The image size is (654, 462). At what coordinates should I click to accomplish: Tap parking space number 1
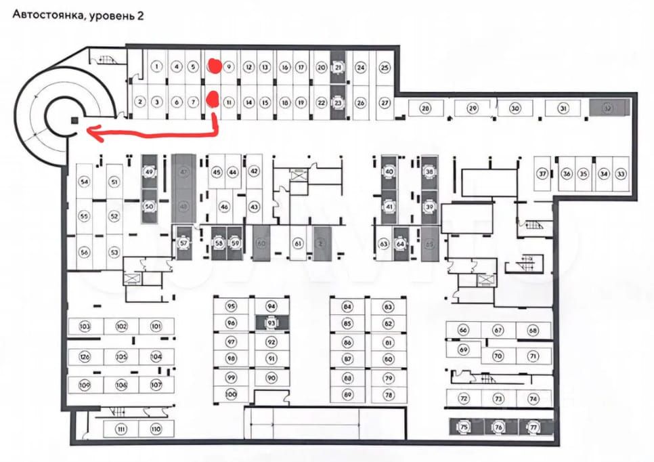pyautogui.click(x=157, y=66)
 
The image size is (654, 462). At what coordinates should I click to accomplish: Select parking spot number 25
pyautogui.click(x=385, y=67)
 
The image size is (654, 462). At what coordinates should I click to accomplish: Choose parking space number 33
pyautogui.click(x=621, y=174)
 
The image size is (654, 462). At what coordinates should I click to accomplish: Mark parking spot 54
pyautogui.click(x=85, y=182)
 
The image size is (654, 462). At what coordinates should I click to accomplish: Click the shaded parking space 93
pyautogui.click(x=271, y=323)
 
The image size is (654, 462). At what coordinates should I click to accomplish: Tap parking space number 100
pyautogui.click(x=231, y=394)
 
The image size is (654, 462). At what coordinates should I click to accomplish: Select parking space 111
pyautogui.click(x=121, y=429)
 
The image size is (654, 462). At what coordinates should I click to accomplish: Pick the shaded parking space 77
pyautogui.click(x=533, y=427)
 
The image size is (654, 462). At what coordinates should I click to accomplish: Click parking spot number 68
pyautogui.click(x=533, y=331)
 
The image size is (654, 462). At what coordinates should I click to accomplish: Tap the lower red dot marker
pyautogui.click(x=211, y=100)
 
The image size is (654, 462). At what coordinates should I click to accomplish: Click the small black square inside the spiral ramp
pyautogui.click(x=73, y=120)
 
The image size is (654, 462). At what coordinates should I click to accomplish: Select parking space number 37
pyautogui.click(x=542, y=174)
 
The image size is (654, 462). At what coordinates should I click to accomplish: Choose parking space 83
pyautogui.click(x=388, y=307)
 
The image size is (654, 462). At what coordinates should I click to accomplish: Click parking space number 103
pyautogui.click(x=85, y=327)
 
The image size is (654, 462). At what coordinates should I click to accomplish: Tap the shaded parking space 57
pyautogui.click(x=183, y=243)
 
